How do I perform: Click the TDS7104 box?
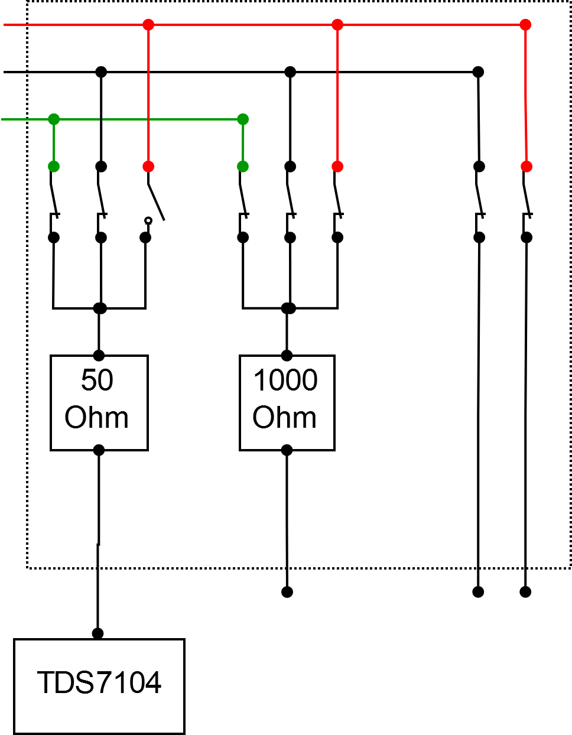(x=99, y=686)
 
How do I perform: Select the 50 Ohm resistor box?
(x=99, y=403)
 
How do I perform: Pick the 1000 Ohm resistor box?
(x=287, y=403)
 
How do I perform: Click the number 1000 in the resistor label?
(x=285, y=380)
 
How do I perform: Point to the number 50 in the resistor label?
(x=97, y=380)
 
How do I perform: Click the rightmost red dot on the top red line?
(x=525, y=25)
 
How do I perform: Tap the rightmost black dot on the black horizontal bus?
(x=478, y=72)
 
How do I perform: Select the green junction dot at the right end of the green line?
(x=243, y=119)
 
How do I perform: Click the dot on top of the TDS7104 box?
(x=98, y=633)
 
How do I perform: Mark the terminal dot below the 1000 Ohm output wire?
(x=287, y=591)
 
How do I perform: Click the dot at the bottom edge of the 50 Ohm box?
(x=99, y=450)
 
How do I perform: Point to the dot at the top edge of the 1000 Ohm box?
(x=287, y=356)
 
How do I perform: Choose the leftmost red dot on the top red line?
(x=148, y=25)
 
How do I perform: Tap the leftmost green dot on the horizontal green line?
(x=54, y=119)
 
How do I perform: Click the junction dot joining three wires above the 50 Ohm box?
(x=100, y=308)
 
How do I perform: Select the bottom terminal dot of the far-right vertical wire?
(x=525, y=591)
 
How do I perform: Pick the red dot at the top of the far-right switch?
(x=526, y=167)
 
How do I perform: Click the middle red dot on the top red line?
(x=337, y=25)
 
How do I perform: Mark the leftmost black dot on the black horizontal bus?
(x=101, y=72)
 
